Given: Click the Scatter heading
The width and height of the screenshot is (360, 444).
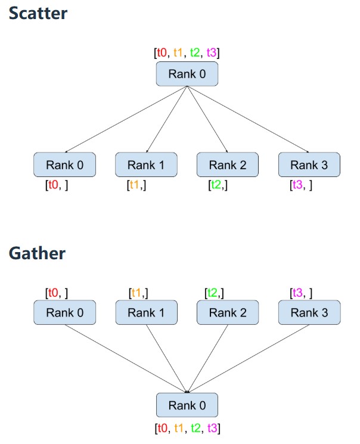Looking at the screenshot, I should (38, 14).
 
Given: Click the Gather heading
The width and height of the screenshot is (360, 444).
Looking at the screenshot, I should (37, 253).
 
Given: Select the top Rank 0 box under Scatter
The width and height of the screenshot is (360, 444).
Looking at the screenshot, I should (187, 74).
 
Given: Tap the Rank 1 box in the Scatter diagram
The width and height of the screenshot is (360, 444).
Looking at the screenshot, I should (146, 165).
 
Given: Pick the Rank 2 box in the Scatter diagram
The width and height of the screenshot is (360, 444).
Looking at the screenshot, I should (227, 165).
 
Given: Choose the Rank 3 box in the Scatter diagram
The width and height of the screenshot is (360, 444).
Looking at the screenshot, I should (309, 165).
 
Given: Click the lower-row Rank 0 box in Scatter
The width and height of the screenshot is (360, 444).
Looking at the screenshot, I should (64, 165).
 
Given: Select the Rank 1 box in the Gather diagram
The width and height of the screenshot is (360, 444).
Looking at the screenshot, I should (146, 312).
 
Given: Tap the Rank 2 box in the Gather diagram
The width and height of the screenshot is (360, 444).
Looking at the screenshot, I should (227, 312).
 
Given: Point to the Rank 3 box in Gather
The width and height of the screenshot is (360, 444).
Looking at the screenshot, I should (309, 312).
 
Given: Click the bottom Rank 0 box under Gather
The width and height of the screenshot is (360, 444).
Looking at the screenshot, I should (187, 405).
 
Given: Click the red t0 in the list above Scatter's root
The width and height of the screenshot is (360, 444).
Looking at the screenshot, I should (162, 53).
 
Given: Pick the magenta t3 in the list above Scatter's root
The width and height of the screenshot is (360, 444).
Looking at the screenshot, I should (212, 53).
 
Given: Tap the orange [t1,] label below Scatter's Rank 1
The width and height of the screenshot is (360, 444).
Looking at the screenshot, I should (136, 185).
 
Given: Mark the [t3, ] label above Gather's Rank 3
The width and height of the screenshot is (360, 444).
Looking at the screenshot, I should (300, 293).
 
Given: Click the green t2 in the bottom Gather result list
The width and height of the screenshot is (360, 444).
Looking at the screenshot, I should (195, 427).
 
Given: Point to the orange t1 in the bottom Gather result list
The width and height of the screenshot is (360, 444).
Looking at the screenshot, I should (178, 427).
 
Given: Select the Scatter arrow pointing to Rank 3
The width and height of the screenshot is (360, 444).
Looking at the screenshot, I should (247, 119).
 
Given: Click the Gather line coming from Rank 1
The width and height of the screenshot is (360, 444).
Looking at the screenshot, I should (166, 358).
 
